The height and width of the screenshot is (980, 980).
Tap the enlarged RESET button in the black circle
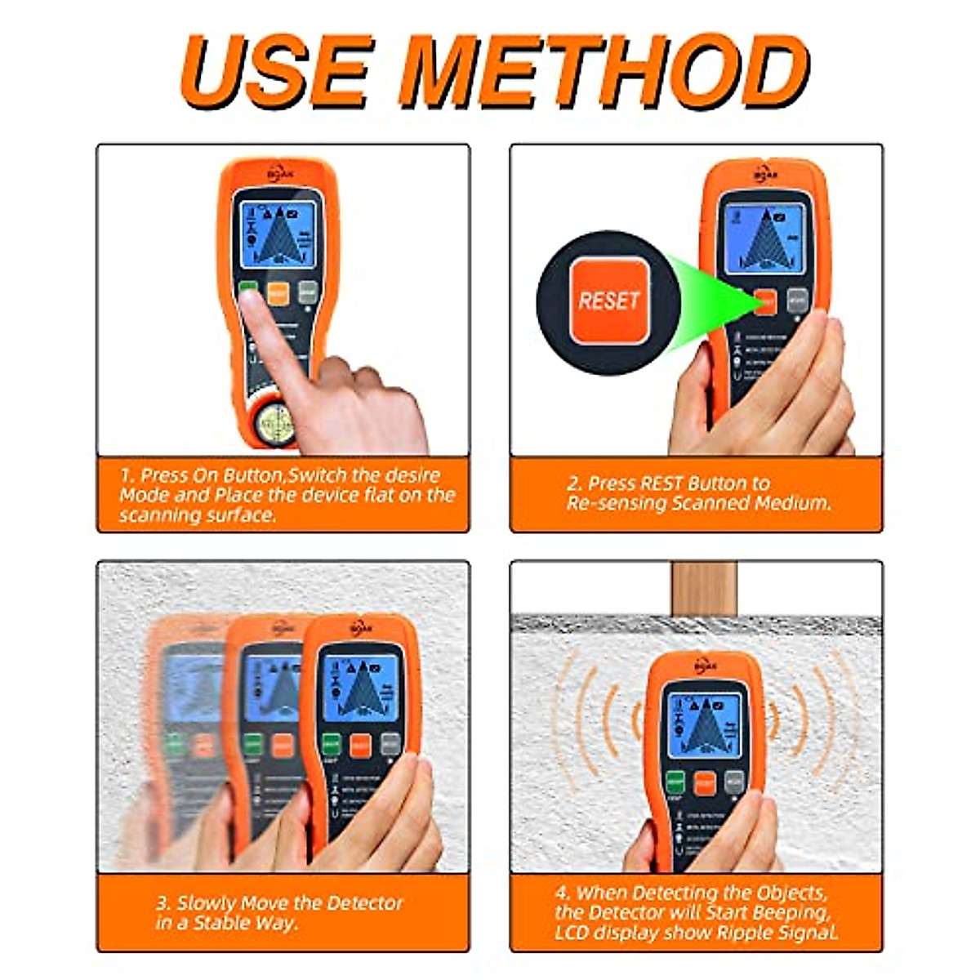click(x=608, y=301)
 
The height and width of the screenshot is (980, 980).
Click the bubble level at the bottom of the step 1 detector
click(x=276, y=422)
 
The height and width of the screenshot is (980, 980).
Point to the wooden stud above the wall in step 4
click(x=704, y=588)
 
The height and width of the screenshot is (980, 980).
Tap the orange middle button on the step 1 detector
click(x=278, y=292)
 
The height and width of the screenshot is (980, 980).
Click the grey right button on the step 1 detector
click(x=307, y=292)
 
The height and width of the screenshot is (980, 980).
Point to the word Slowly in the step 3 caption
click(x=206, y=903)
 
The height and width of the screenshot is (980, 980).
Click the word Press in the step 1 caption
click(x=163, y=475)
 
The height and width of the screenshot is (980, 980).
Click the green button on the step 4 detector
click(x=675, y=782)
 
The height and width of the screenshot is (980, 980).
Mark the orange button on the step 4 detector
click(x=704, y=782)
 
